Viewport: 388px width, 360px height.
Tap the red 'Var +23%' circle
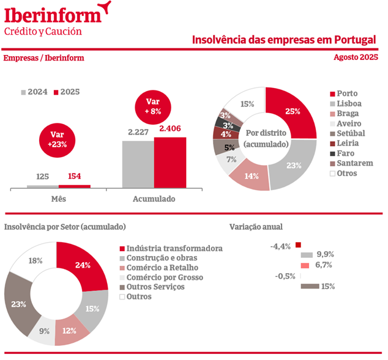pyautogui.click(x=56, y=140)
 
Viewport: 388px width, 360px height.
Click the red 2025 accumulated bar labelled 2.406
pyautogui.click(x=170, y=162)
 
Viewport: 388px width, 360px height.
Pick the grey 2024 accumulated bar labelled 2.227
pyautogui.click(x=138, y=164)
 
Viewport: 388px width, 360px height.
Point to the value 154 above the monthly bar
pyautogui.click(x=75, y=177)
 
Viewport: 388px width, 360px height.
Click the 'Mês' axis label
pyautogui.click(x=58, y=199)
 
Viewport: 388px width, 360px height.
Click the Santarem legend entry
pyautogui.click(x=351, y=163)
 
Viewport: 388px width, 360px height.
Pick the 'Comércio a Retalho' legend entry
pyautogui.click(x=158, y=268)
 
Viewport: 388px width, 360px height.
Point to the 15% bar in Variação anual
pyautogui.click(x=310, y=286)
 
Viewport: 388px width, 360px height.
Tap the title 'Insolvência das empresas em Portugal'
pyautogui.click(x=283, y=40)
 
